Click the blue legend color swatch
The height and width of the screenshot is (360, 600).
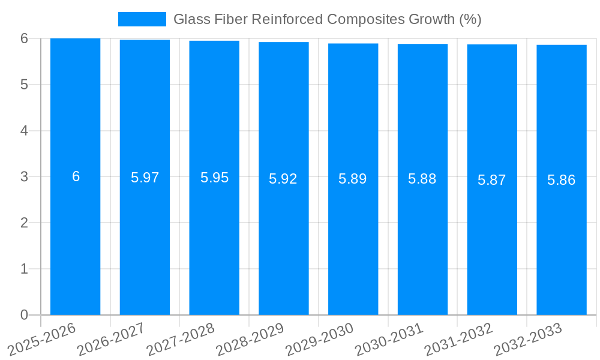[x=142, y=19]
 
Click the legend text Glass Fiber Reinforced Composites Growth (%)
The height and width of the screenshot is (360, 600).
[x=327, y=19]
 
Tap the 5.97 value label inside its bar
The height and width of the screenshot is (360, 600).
[x=145, y=178]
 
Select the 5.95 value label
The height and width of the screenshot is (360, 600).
[x=214, y=178]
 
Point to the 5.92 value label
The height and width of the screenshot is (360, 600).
[x=283, y=179]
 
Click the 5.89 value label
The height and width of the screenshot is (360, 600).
[x=353, y=179]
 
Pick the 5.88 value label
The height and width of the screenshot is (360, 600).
[x=422, y=179]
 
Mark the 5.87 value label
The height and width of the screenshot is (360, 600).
[x=492, y=180]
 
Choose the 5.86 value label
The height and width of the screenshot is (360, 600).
[x=562, y=180]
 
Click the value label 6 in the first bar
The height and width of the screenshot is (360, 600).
[x=76, y=176]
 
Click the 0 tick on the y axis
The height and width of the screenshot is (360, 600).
[x=24, y=315]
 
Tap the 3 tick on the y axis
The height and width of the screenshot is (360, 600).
[x=24, y=177]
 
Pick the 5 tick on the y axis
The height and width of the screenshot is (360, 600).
[x=24, y=85]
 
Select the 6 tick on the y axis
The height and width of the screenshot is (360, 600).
[x=24, y=38]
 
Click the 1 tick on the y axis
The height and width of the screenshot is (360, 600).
[x=24, y=269]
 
